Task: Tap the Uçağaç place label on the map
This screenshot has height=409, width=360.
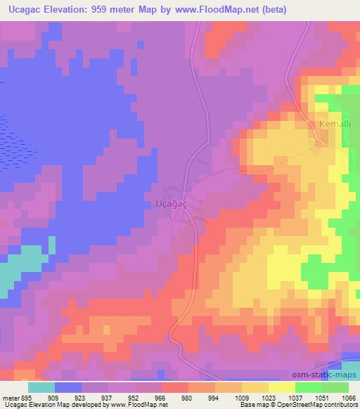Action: (169, 204)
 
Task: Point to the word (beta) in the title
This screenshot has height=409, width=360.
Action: (277, 8)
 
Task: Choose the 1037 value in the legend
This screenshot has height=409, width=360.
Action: (295, 396)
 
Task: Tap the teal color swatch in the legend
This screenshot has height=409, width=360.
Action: (41, 387)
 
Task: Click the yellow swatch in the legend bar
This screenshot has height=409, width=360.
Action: (281, 387)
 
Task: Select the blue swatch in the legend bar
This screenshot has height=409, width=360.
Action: (68, 387)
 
